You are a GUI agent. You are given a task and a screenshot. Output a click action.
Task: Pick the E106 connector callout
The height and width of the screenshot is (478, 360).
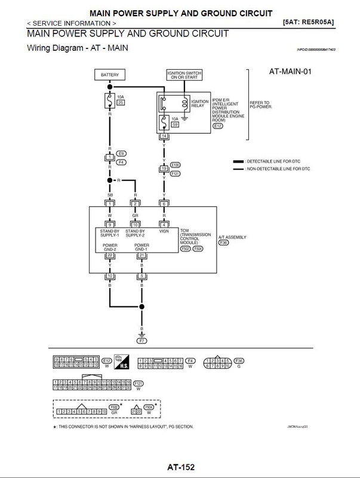click(x=174, y=164)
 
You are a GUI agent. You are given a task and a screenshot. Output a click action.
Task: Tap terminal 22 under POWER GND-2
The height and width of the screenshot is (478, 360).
click(x=109, y=256)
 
